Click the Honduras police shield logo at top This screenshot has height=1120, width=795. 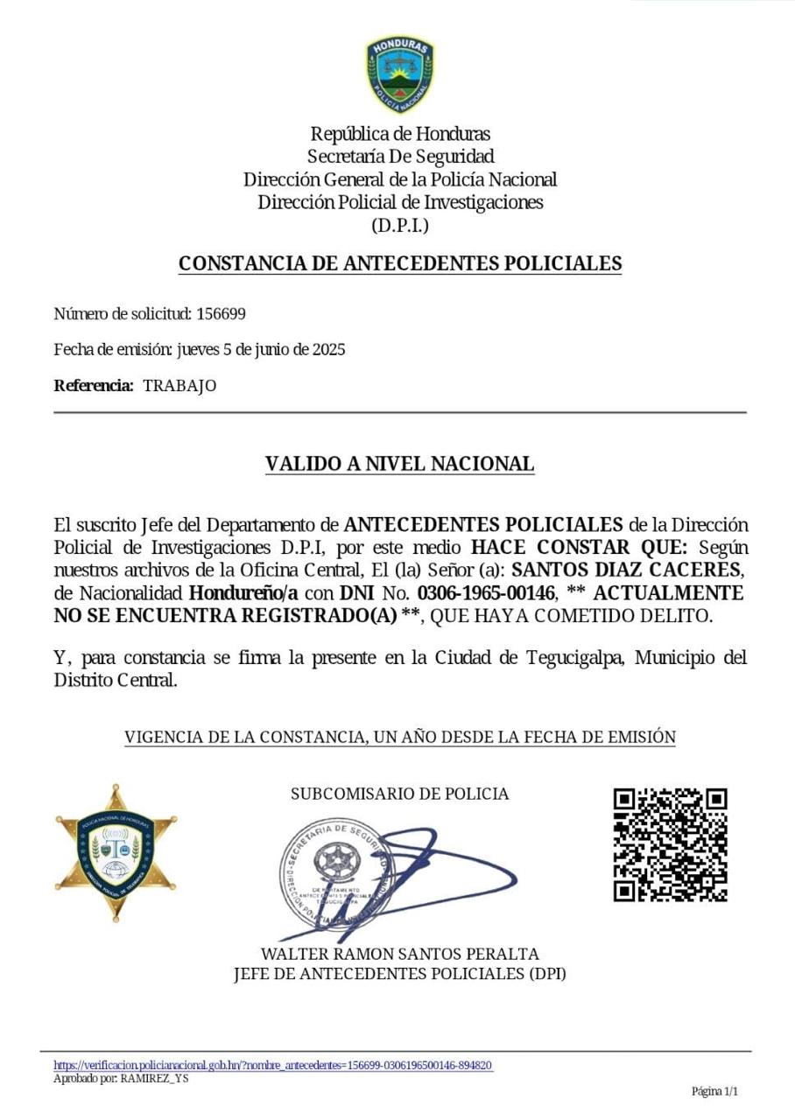(400, 73)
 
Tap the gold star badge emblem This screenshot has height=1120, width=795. (116, 851)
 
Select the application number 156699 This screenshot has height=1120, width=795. (221, 314)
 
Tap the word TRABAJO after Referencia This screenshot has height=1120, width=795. (179, 386)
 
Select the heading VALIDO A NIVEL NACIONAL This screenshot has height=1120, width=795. (399, 464)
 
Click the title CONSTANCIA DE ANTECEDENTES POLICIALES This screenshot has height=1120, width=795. (399, 263)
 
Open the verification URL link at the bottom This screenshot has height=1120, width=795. (273, 1065)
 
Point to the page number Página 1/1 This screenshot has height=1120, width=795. (715, 1091)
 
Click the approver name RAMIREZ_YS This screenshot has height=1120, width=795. (154, 1078)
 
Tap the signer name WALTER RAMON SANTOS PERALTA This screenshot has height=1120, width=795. (400, 954)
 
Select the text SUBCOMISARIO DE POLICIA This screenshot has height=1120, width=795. (399, 794)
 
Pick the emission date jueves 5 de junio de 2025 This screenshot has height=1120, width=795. (261, 350)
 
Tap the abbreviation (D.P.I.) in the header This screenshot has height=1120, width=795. (400, 226)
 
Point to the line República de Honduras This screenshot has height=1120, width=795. (400, 134)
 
